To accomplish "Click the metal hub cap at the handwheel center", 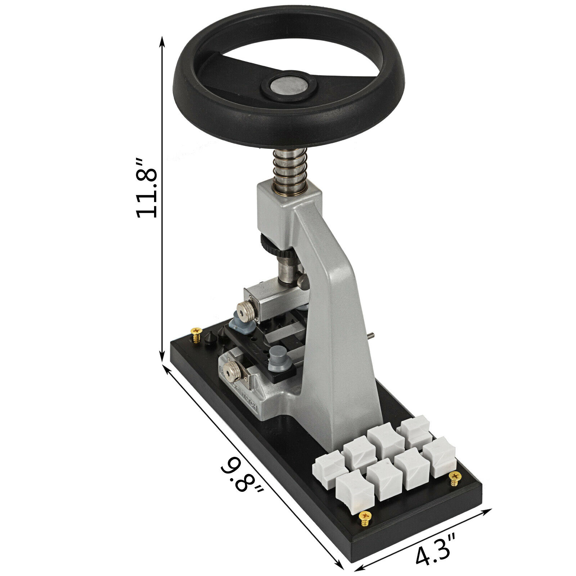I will coord(289,86).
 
